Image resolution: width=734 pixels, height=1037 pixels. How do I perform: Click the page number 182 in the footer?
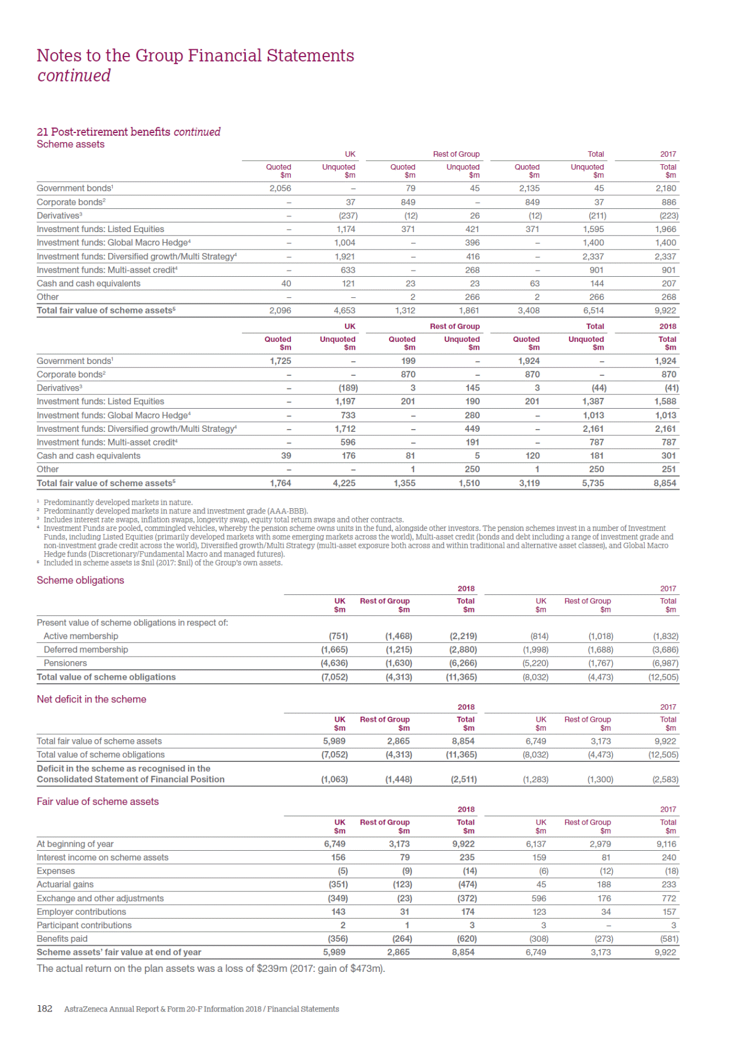point(45,1008)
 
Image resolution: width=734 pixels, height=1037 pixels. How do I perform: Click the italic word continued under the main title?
point(74,75)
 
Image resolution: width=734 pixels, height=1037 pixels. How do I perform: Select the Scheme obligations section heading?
point(80,580)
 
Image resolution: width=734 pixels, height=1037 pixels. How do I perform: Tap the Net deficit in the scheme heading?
point(91,699)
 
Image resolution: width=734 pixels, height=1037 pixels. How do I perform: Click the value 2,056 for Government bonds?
point(280,188)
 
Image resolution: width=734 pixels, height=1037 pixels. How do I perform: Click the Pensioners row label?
point(65,663)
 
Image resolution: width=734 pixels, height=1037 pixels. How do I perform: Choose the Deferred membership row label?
point(86,650)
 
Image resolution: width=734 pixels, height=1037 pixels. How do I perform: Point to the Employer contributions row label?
point(82,912)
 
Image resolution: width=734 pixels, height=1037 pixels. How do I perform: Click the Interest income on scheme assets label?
point(103,858)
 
